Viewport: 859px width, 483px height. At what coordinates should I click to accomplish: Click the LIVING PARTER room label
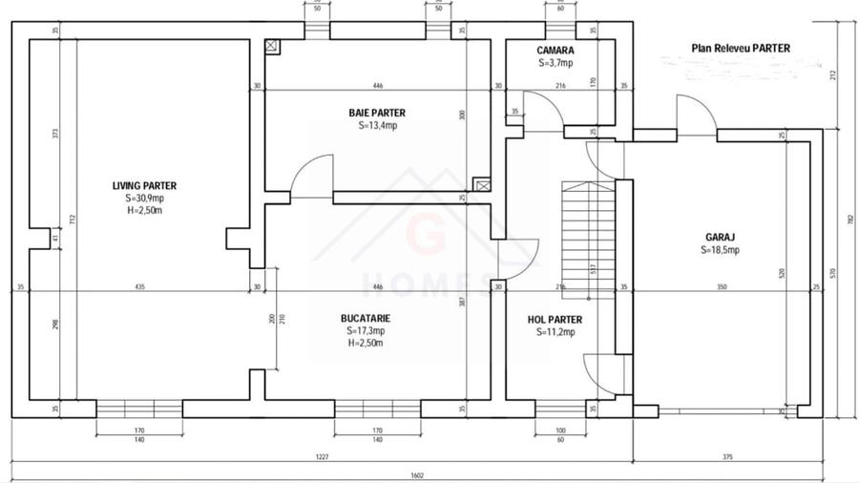coord(144,186)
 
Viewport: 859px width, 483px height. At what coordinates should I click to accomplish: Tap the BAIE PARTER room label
coord(377,113)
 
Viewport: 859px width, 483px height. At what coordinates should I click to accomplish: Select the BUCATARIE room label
coord(366,318)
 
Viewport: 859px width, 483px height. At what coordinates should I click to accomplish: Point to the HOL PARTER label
coord(555,320)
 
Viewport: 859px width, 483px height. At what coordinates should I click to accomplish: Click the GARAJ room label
coord(719,237)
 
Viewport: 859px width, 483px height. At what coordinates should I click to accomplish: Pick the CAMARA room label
coord(555,51)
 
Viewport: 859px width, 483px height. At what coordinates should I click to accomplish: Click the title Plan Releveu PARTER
coord(741,48)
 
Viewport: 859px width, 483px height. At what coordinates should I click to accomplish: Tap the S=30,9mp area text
coord(144,199)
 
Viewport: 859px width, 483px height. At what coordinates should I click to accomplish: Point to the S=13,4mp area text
coord(377,125)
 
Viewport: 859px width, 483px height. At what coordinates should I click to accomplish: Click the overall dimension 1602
coord(417,474)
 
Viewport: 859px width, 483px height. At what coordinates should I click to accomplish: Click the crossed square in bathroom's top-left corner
coord(272,45)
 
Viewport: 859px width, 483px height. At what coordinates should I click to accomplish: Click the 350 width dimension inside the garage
coord(722,286)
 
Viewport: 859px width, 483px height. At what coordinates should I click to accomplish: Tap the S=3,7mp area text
coord(555,63)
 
